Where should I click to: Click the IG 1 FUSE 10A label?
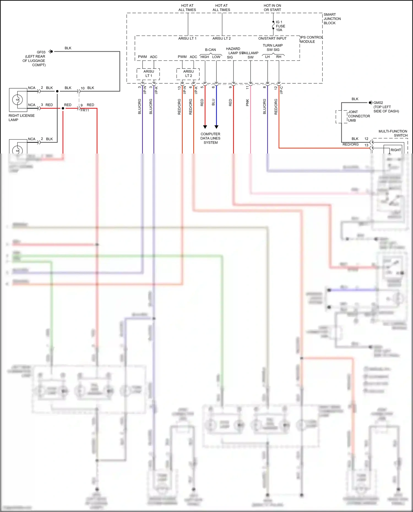[x=280, y=26]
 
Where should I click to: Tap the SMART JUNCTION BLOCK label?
[x=332, y=19]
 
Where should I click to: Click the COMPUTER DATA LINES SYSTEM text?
[x=210, y=138]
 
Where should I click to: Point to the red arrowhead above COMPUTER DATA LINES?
[x=205, y=127]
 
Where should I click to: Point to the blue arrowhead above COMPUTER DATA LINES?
[x=216, y=127]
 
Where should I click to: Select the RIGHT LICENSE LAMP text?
[x=21, y=117]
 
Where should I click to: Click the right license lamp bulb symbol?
[x=18, y=99]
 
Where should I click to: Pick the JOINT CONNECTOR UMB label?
[x=358, y=116]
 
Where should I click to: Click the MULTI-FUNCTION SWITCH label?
[x=393, y=133]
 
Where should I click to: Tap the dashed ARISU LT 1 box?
[x=148, y=74]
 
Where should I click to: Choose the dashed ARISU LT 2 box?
[x=188, y=74]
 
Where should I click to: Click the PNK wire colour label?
[x=247, y=103]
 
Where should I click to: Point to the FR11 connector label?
[x=85, y=110]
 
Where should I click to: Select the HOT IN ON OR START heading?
[x=272, y=7]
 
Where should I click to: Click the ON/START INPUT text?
[x=272, y=39]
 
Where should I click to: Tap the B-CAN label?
[x=210, y=50]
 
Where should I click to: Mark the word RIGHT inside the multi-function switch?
[x=396, y=150]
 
